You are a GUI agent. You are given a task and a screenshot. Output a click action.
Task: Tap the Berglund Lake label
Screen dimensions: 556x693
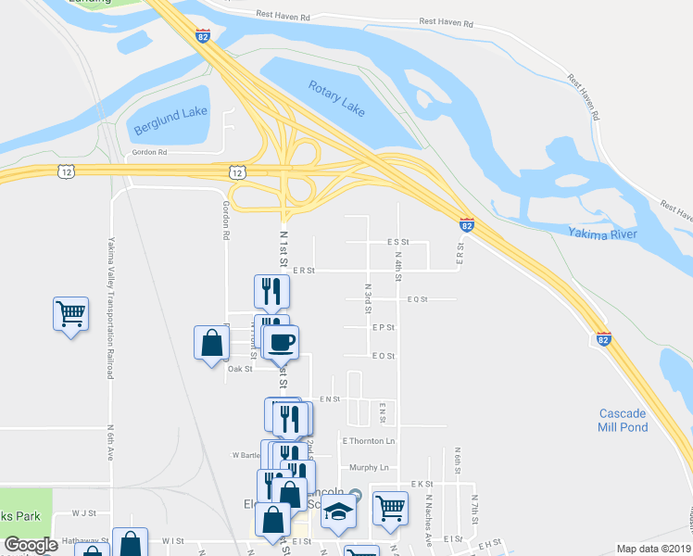pyautogui.click(x=170, y=121)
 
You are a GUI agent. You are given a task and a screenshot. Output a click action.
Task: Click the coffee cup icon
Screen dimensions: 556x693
pyautogui.click(x=281, y=342)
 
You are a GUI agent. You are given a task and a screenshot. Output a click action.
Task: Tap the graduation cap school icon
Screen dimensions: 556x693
pyautogui.click(x=339, y=512)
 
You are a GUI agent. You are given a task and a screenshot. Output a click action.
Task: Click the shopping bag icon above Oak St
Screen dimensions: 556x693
pyautogui.click(x=212, y=342)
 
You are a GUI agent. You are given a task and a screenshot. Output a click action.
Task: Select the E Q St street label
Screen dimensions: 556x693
pyautogui.click(x=417, y=299)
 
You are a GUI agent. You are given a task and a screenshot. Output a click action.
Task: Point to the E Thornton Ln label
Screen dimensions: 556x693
pyautogui.click(x=368, y=441)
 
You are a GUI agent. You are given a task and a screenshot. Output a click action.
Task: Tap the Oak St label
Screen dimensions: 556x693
pyautogui.click(x=240, y=369)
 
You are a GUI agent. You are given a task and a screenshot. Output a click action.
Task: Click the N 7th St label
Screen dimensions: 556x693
pyautogui.click(x=472, y=512)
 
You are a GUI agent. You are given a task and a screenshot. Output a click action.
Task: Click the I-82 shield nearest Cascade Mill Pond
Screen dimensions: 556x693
pyautogui.click(x=604, y=339)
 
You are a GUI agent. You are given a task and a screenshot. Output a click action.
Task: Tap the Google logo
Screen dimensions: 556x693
pyautogui.click(x=31, y=545)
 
